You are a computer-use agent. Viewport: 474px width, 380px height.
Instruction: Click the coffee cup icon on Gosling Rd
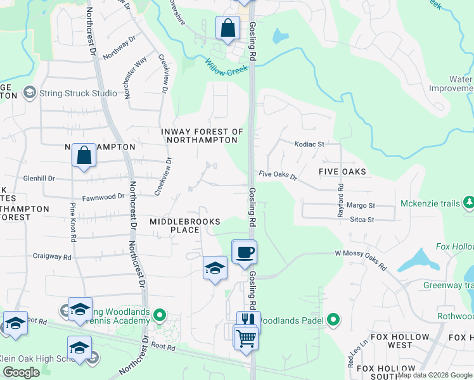pyautogui.click(x=245, y=253)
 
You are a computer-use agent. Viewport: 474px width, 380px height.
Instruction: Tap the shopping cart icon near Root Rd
pyautogui.click(x=245, y=337)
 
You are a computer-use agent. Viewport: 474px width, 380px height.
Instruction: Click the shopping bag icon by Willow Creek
pyautogui.click(x=227, y=28)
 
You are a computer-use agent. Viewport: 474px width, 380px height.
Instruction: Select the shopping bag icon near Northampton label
pyautogui.click(x=84, y=156)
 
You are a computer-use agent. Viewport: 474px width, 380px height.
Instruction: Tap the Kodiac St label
pyautogui.click(x=309, y=144)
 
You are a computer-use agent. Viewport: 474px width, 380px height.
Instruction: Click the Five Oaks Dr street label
pyautogui.click(x=278, y=175)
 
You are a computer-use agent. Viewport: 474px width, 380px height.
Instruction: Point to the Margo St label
pyautogui.click(x=361, y=206)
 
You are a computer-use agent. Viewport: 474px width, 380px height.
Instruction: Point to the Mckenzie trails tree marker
pyautogui.click(x=469, y=203)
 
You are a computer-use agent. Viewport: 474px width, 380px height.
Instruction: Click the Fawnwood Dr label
pyautogui.click(x=103, y=196)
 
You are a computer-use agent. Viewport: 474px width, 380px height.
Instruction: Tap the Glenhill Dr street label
pyautogui.click(x=44, y=179)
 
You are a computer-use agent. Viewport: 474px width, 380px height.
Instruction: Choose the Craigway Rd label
pyautogui.click(x=51, y=256)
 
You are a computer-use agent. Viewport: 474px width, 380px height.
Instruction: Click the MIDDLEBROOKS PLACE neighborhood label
pyautogui.click(x=184, y=225)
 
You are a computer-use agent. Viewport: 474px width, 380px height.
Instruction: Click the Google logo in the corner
pyautogui.click(x=21, y=372)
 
